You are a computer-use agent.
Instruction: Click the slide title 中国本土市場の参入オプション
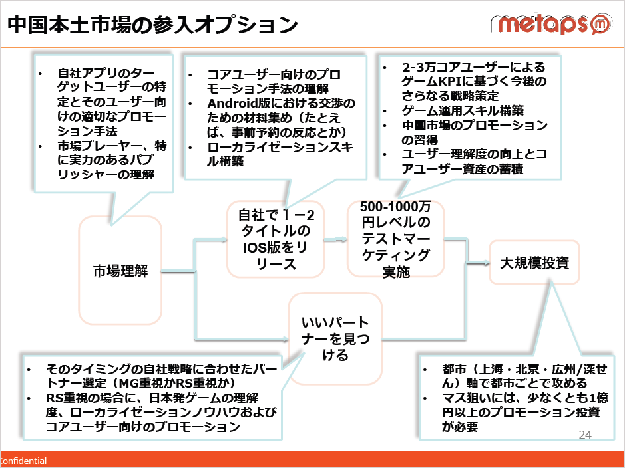152,25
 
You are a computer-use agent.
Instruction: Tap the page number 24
585,435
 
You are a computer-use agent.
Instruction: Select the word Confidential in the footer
23,461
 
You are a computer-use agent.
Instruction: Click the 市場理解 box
120,271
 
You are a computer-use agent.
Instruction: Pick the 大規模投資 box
534,263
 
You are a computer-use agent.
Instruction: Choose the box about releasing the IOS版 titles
276,239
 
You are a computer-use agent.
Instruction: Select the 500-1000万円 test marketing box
395,239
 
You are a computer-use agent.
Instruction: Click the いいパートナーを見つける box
335,338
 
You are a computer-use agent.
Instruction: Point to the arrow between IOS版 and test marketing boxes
335,239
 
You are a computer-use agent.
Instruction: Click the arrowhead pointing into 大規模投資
485,263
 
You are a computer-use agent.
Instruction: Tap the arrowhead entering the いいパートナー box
285,339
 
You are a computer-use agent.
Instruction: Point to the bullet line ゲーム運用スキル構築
463,110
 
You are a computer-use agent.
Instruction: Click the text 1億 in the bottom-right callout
598,398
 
